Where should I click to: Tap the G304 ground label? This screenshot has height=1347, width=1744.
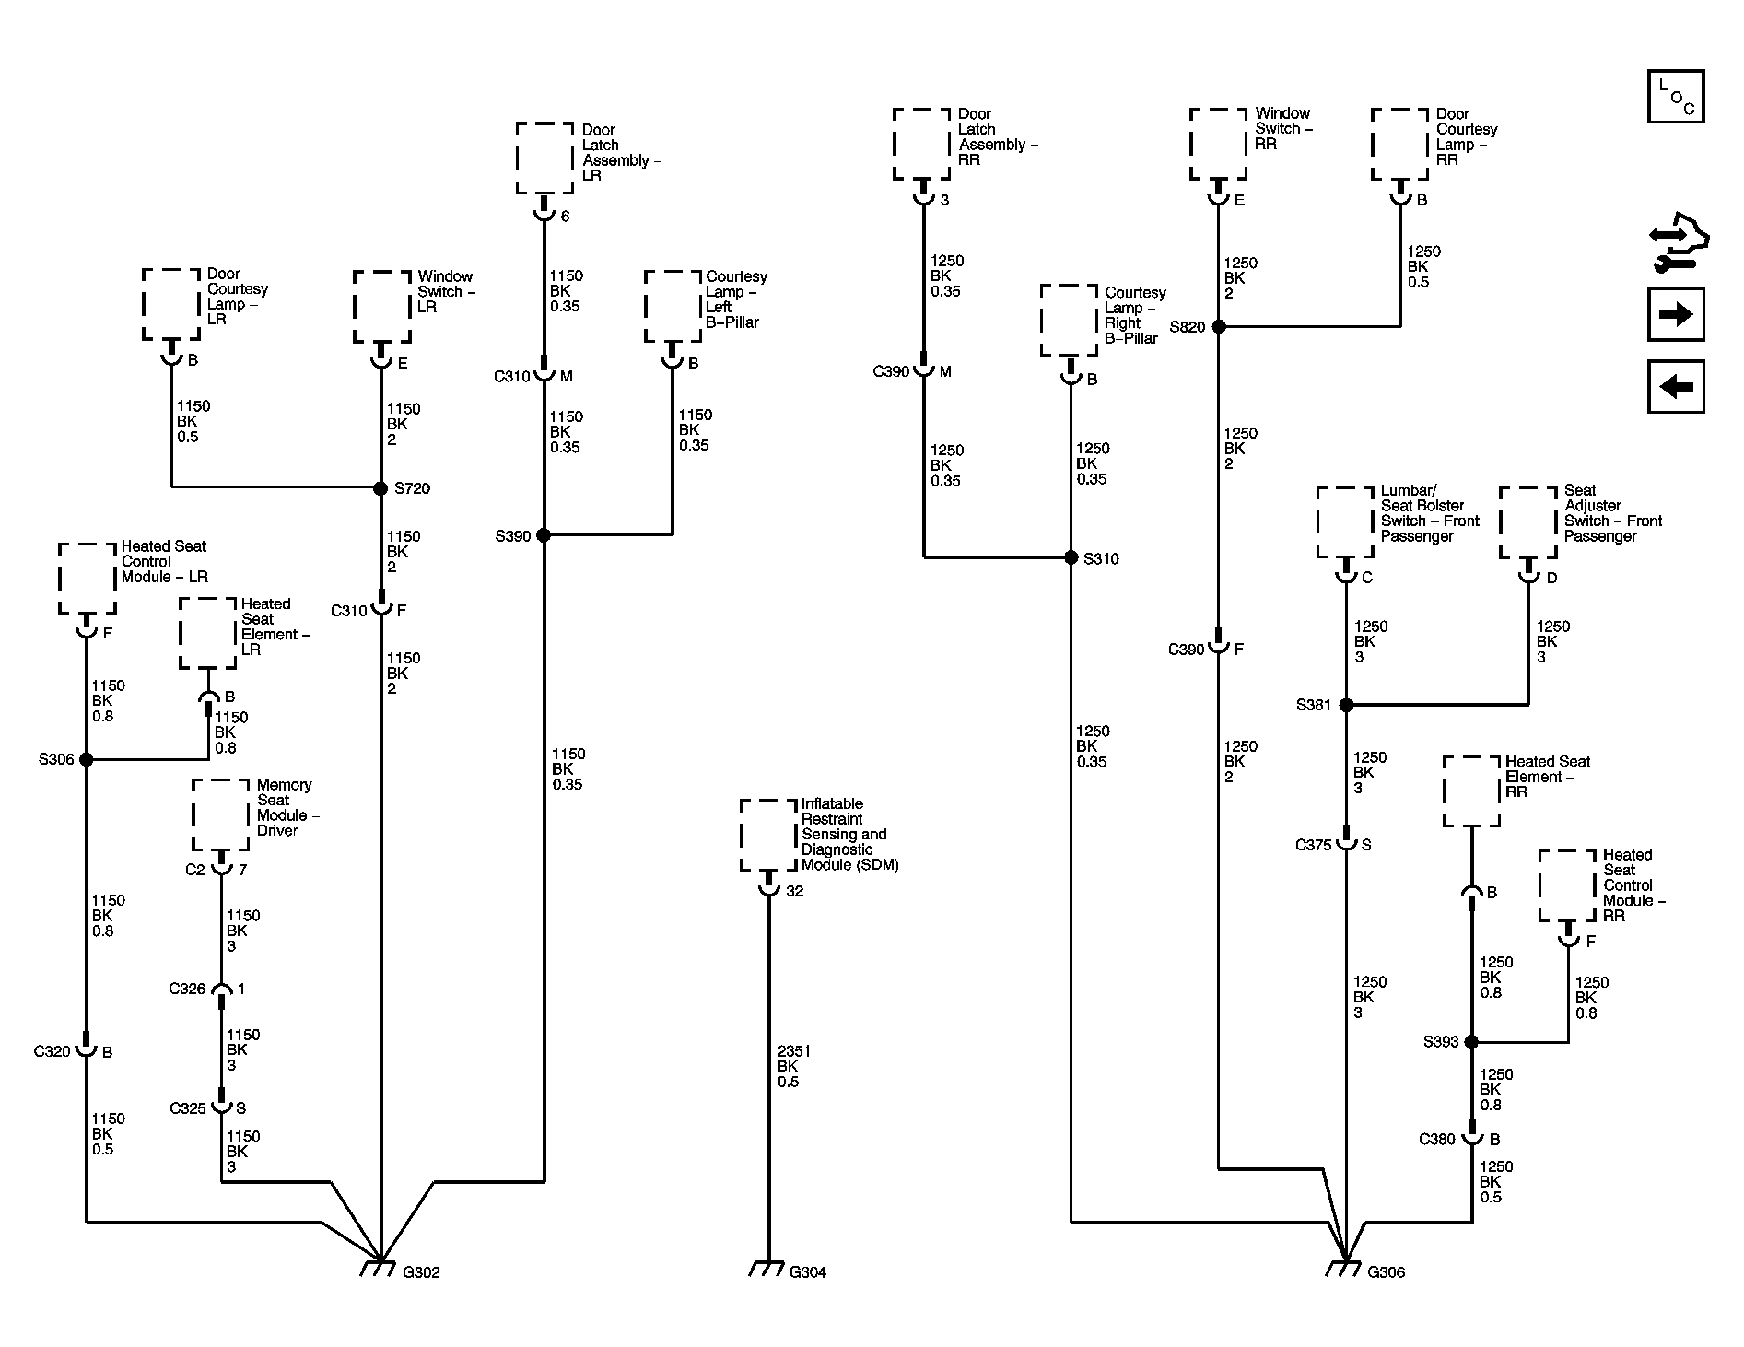coord(807,1272)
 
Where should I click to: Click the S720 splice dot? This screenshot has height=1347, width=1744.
coord(380,488)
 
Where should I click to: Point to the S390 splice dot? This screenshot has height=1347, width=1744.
coord(544,535)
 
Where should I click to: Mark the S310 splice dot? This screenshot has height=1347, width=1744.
coord(1071,557)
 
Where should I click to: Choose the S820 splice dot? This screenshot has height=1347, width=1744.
coord(1219,326)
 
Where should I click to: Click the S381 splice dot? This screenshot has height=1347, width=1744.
coord(1346,705)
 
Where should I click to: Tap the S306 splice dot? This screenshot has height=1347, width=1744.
coord(87,759)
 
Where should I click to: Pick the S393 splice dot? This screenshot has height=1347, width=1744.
coord(1471,1042)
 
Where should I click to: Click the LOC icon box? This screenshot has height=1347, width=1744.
coord(1676,97)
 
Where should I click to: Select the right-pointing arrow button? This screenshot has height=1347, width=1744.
coord(1676,315)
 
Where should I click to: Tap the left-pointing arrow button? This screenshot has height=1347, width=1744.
coord(1676,386)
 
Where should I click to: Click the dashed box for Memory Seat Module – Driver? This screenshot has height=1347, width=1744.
coord(221,814)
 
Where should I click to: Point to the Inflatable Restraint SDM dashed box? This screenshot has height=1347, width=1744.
coord(768,835)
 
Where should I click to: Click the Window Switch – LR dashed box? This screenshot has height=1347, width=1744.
coord(382,307)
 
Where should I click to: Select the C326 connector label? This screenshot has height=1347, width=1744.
coord(187,989)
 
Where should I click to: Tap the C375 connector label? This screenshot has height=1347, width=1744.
coord(1314,845)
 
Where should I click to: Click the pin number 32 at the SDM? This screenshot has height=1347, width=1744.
coord(794,891)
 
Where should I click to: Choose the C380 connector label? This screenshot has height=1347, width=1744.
coord(1437,1140)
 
